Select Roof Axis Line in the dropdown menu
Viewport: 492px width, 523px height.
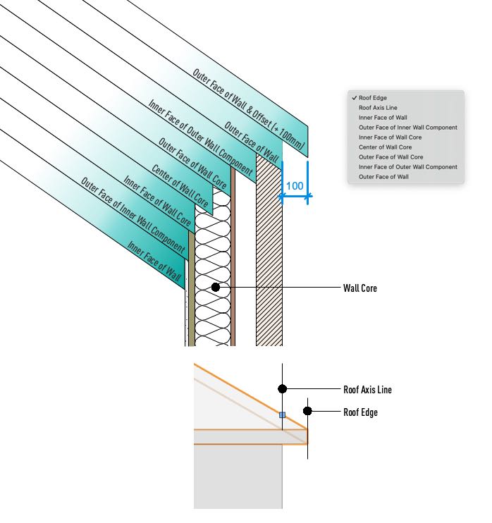[378, 108]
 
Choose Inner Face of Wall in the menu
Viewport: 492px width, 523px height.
[383, 118]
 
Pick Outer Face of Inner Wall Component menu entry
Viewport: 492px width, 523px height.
[408, 128]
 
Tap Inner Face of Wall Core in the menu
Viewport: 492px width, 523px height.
[390, 137]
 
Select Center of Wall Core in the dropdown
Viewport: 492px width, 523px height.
[386, 147]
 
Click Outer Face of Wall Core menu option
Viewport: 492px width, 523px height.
[391, 156]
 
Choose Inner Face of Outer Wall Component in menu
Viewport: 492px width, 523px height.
[408, 167]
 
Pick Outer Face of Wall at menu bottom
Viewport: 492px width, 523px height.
[383, 177]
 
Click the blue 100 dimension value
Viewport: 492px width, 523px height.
[295, 186]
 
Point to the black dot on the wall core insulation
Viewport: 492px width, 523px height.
[216, 287]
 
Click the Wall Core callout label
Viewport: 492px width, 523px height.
[360, 288]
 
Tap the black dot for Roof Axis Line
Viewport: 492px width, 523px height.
[283, 388]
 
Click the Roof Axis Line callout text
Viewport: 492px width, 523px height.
[367, 390]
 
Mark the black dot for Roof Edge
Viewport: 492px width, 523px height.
[307, 411]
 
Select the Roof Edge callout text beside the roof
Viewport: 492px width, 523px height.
[361, 412]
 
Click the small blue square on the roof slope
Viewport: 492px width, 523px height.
[282, 415]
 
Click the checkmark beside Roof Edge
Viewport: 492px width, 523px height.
[355, 98]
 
